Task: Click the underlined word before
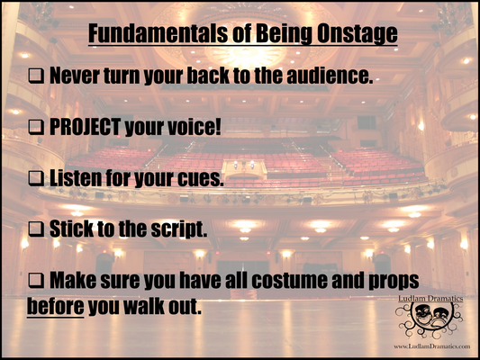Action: (x=56, y=306)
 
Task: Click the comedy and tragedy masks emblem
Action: (x=428, y=319)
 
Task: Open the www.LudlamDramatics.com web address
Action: (x=429, y=346)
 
